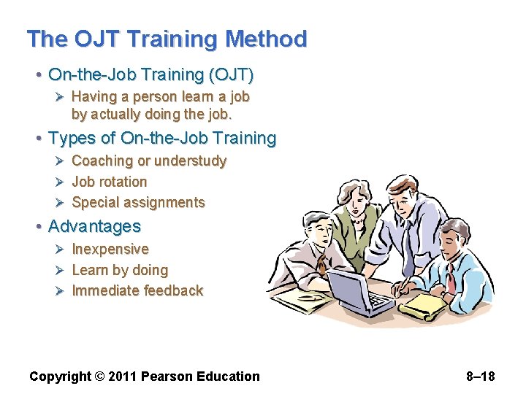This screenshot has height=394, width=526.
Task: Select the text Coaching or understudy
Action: (x=149, y=161)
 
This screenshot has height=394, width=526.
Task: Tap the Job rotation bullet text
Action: (x=110, y=182)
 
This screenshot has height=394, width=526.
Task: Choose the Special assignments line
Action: (x=138, y=202)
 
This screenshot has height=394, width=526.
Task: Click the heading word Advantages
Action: (x=94, y=226)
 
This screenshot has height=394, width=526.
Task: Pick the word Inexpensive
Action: (x=110, y=249)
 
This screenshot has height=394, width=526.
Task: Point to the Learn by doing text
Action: (x=120, y=270)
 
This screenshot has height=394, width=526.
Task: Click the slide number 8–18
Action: (x=480, y=376)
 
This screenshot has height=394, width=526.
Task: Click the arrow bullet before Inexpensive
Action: (x=61, y=249)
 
